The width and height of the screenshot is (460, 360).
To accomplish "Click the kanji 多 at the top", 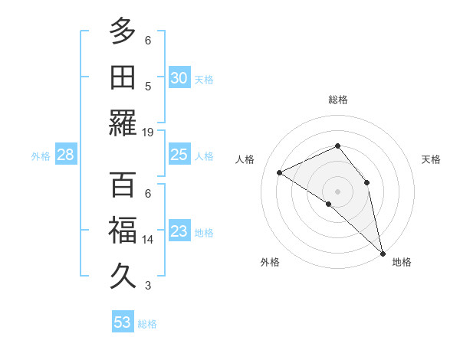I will tap(123, 31).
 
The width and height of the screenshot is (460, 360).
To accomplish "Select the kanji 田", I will tap(123, 77).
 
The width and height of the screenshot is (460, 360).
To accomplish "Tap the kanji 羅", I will tap(123, 123).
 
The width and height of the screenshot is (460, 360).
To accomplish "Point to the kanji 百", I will tap(123, 185).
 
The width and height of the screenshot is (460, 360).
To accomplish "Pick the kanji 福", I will tap(123, 231).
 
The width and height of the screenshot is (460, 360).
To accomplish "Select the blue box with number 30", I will tap(179, 77).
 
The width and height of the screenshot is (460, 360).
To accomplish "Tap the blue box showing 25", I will tap(179, 155).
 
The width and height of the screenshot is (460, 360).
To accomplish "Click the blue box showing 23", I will tap(179, 231).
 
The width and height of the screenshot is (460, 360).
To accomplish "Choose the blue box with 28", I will tap(65, 155).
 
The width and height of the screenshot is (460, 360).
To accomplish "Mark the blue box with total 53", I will tap(123, 322).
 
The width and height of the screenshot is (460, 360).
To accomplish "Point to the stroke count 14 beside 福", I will tap(148, 240).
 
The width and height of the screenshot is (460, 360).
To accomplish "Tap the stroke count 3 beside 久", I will tap(148, 286).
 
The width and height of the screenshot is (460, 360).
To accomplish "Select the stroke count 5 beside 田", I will tap(148, 86).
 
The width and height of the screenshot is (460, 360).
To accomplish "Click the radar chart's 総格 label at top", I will tap(338, 100).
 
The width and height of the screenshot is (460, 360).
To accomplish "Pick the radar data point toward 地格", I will tap(383, 253).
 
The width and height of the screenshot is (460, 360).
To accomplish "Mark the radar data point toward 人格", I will tap(280, 172).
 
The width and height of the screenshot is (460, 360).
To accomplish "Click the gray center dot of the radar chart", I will tap(337, 190).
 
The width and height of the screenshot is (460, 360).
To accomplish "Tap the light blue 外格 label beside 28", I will tap(41, 155).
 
